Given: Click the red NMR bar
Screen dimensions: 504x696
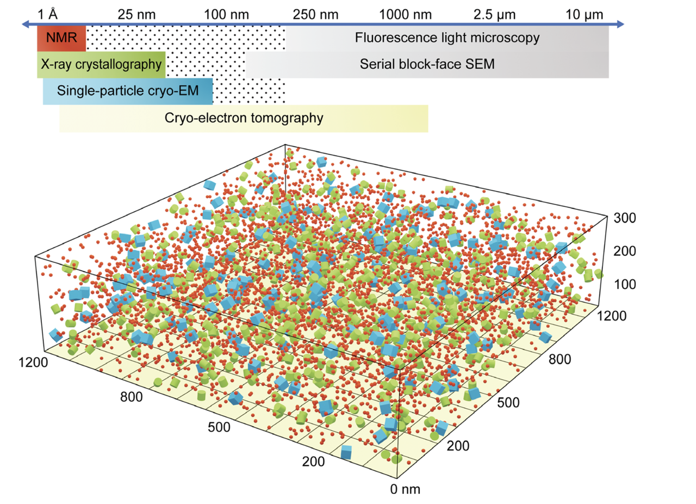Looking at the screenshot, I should point(61,38).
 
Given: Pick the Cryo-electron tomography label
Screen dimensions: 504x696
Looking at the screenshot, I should point(244,118).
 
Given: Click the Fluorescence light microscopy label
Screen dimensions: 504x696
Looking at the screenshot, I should point(447,38).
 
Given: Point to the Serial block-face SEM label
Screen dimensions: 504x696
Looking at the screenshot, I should point(427,65).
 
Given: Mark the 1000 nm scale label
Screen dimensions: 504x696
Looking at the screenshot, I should point(407,14).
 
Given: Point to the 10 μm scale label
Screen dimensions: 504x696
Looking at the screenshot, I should point(585,14).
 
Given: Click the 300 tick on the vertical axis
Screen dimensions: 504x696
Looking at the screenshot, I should point(625,218).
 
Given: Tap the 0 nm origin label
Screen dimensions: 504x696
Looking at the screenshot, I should point(406,488).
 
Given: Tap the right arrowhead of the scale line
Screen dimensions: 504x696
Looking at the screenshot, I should point(620,24).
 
